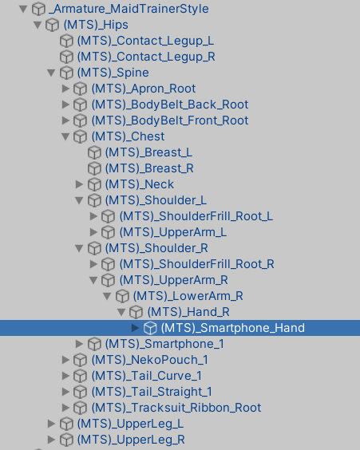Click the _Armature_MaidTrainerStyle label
click(x=129, y=9)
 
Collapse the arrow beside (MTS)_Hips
click(x=38, y=25)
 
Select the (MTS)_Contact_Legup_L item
click(x=145, y=41)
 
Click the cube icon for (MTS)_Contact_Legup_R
click(x=66, y=57)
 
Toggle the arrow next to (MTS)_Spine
click(x=51, y=73)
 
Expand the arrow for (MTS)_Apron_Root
click(x=65, y=89)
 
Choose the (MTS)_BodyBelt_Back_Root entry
click(x=170, y=105)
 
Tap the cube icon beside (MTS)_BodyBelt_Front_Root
click(x=80, y=120)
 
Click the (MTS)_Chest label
click(x=128, y=136)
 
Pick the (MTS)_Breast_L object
click(x=148, y=152)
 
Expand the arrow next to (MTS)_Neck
click(x=79, y=184)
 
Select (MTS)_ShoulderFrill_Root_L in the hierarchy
click(x=196, y=216)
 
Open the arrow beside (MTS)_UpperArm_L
click(x=93, y=232)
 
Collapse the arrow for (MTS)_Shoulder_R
click(x=79, y=248)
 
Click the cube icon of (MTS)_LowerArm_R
click(x=122, y=296)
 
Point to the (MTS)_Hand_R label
click(x=188, y=312)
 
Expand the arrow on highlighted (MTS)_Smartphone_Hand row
click(x=135, y=328)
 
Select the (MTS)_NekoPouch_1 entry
click(x=149, y=360)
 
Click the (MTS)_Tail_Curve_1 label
click(x=146, y=376)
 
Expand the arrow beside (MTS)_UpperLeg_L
click(x=51, y=424)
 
